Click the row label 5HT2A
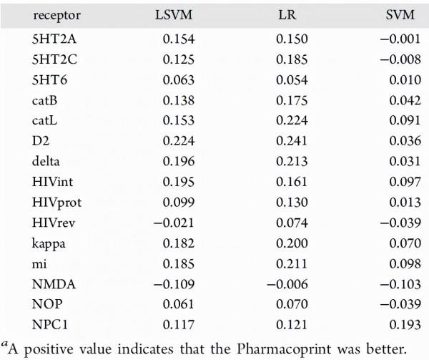point(36,41)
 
